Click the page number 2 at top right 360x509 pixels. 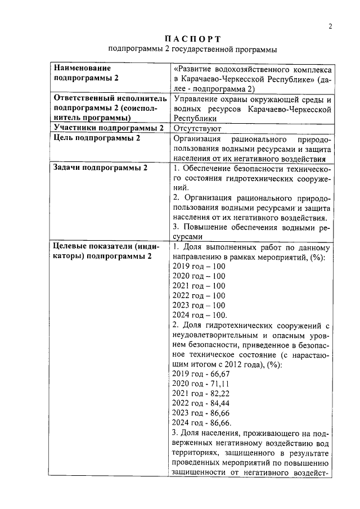pyautogui.click(x=331, y=26)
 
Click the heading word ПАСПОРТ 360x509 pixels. pyautogui.click(x=193, y=39)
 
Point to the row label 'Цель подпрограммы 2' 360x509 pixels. pyautogui.click(x=96, y=138)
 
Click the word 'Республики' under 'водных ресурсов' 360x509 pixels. pyautogui.click(x=195, y=119)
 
